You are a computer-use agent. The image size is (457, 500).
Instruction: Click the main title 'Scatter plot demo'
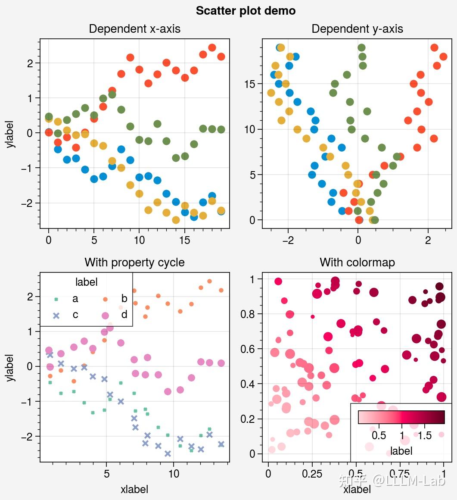(x=246, y=11)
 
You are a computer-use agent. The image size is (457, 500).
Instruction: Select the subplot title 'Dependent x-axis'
(x=134, y=29)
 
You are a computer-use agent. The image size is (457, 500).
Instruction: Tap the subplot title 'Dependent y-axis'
(x=357, y=29)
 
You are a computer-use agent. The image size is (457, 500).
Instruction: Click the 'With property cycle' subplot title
(x=134, y=262)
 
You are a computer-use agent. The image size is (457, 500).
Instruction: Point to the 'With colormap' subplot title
(x=357, y=262)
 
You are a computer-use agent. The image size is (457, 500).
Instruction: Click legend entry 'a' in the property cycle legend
(x=75, y=299)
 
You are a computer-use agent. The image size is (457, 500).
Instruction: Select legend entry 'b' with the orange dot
(x=124, y=299)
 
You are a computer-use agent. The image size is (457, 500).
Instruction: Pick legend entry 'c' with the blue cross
(x=75, y=315)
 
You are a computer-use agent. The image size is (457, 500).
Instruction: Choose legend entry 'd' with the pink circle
(x=124, y=315)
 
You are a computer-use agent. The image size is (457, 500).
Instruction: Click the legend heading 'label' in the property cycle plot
(x=86, y=282)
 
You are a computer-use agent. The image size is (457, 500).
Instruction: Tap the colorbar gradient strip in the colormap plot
(x=401, y=417)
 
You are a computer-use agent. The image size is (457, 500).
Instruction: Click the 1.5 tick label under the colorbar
(x=425, y=436)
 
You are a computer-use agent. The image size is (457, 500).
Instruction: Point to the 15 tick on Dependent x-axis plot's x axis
(x=184, y=240)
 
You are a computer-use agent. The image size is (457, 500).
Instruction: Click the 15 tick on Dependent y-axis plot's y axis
(x=250, y=84)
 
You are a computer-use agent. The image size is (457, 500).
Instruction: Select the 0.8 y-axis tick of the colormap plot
(x=248, y=314)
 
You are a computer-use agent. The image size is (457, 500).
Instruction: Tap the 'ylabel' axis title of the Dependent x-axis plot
(x=11, y=134)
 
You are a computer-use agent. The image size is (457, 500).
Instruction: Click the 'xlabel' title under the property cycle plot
(x=134, y=489)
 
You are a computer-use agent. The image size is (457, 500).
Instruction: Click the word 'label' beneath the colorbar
(x=401, y=451)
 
